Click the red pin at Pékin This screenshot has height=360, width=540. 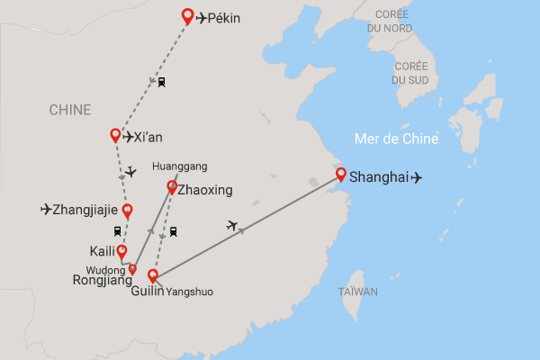[188, 15]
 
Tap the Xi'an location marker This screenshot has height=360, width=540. [115, 135]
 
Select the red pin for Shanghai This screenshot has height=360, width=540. [340, 175]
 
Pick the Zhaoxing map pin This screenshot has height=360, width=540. [171, 187]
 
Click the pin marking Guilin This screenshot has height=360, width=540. [153, 275]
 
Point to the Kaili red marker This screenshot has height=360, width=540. [121, 251]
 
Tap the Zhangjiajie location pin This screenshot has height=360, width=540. [128, 211]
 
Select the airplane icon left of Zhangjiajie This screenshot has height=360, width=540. [47, 210]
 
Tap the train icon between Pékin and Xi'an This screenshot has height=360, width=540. [161, 82]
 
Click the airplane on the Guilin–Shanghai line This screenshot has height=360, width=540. [234, 226]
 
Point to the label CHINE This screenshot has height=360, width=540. [70, 110]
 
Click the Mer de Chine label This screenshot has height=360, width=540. [396, 139]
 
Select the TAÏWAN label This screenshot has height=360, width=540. [358, 292]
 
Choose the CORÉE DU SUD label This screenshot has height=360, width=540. [410, 73]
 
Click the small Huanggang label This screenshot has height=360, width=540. [180, 166]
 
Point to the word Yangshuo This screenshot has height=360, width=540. [189, 291]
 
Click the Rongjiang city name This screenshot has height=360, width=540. [99, 280]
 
